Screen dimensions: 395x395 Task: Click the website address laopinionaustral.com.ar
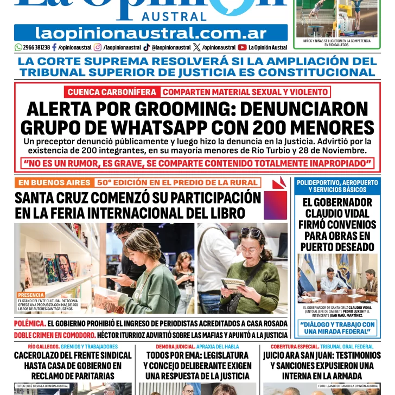(151, 33)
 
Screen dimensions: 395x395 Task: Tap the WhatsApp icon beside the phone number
(18, 48)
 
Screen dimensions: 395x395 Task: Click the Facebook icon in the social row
(54, 48)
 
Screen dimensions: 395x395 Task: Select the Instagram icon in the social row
(98, 48)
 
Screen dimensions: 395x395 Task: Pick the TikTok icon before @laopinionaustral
(147, 48)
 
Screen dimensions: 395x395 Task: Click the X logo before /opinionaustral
(196, 48)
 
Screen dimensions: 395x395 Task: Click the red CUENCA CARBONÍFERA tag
(112, 92)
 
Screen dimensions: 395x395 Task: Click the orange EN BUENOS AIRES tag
(54, 183)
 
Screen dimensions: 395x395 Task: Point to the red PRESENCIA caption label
(30, 295)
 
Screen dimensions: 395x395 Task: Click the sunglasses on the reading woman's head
(251, 233)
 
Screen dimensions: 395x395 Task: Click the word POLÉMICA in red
(29, 323)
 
